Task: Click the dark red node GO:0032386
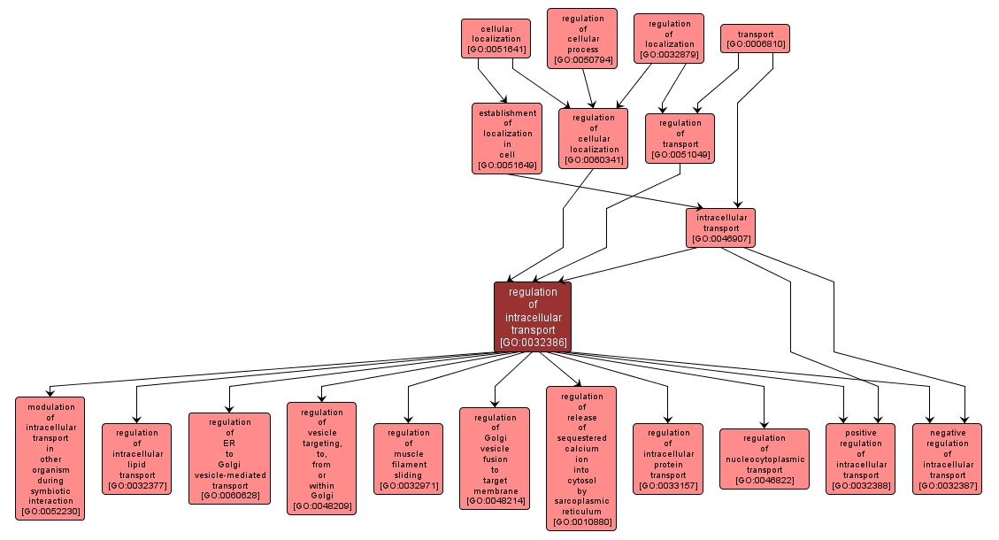tap(532, 317)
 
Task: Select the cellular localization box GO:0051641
tap(496, 39)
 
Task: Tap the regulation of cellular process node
tap(581, 39)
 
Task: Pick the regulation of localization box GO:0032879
tap(669, 39)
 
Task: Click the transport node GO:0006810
tap(755, 39)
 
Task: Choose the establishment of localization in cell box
tap(507, 138)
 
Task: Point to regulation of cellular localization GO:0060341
tap(593, 138)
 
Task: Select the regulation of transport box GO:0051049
tap(680, 138)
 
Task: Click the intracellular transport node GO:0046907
tap(720, 228)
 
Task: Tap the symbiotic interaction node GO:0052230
tap(50, 459)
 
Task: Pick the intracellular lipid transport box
tap(136, 459)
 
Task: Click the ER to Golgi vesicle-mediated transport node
tap(229, 459)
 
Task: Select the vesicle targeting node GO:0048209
tap(321, 459)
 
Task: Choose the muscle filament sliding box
tap(408, 459)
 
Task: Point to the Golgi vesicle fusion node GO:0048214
tap(495, 459)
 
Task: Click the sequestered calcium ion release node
tap(581, 459)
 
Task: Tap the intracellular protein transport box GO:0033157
tap(667, 459)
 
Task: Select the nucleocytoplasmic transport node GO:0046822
tap(764, 459)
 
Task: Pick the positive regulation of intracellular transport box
tap(860, 459)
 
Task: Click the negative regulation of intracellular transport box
tap(947, 459)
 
